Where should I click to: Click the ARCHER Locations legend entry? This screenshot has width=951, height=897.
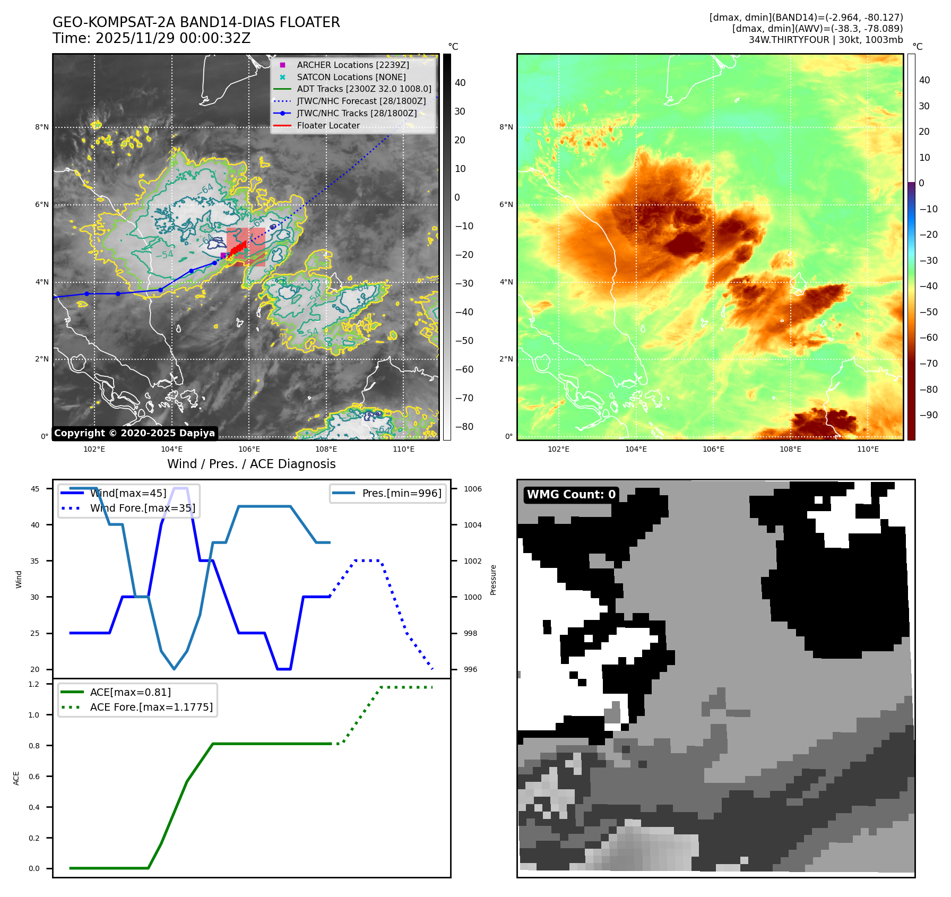pos(352,65)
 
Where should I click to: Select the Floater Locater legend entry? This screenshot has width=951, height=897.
pos(328,126)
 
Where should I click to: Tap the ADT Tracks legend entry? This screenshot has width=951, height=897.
pos(364,89)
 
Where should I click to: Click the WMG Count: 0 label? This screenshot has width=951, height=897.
pos(571,495)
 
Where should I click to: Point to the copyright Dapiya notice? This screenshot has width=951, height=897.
pos(134,433)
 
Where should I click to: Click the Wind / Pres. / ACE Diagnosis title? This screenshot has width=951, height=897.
pos(251,464)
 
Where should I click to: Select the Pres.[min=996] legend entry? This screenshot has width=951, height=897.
pos(401,493)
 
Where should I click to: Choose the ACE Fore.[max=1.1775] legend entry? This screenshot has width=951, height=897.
pos(151,707)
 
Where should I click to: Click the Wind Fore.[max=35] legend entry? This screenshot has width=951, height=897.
pos(142,508)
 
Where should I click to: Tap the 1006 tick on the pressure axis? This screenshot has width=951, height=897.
pos(472,489)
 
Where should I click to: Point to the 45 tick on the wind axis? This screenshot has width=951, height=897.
pos(35,489)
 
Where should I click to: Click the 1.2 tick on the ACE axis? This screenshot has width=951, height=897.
pos(34,684)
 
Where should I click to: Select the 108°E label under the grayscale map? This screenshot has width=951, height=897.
pos(326,449)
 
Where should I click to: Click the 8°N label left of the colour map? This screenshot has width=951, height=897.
pos(506,127)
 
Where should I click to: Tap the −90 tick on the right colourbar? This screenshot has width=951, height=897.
pos(928,415)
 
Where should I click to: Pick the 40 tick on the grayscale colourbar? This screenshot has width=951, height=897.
pos(460,83)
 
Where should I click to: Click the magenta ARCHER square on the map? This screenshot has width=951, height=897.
pos(223,255)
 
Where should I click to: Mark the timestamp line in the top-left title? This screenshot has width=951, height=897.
pos(151,38)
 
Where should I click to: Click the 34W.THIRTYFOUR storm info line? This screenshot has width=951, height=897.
pos(825,40)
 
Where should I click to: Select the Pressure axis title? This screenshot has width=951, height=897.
pos(493,580)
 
